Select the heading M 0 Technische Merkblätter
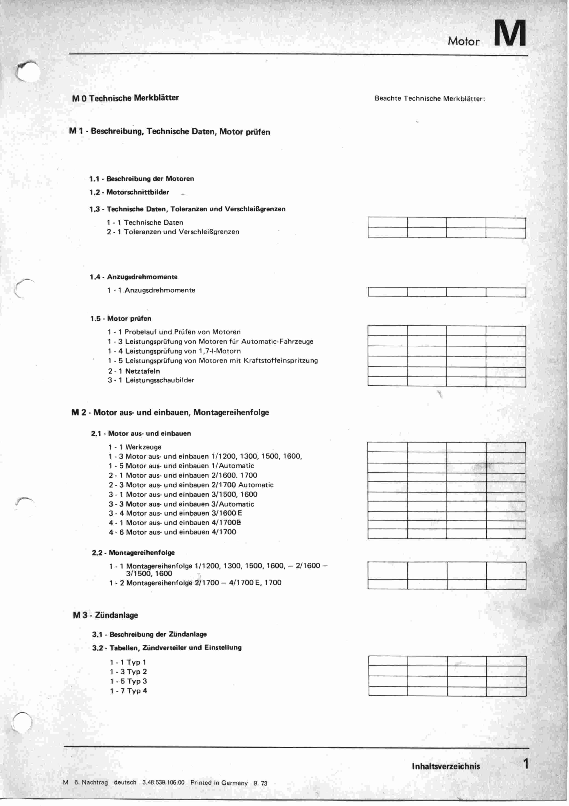click(x=125, y=98)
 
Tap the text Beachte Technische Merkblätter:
click(x=430, y=99)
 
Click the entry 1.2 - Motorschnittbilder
click(x=129, y=192)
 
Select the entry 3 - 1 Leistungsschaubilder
click(x=151, y=380)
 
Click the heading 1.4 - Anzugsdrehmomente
click(x=133, y=277)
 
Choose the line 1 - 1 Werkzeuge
click(x=135, y=447)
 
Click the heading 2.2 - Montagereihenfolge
click(x=133, y=553)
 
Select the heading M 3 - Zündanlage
click(x=105, y=615)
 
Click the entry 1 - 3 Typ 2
click(x=128, y=672)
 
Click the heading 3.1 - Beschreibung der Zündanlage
click(x=149, y=634)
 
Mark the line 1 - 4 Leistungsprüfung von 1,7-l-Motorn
click(x=174, y=351)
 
